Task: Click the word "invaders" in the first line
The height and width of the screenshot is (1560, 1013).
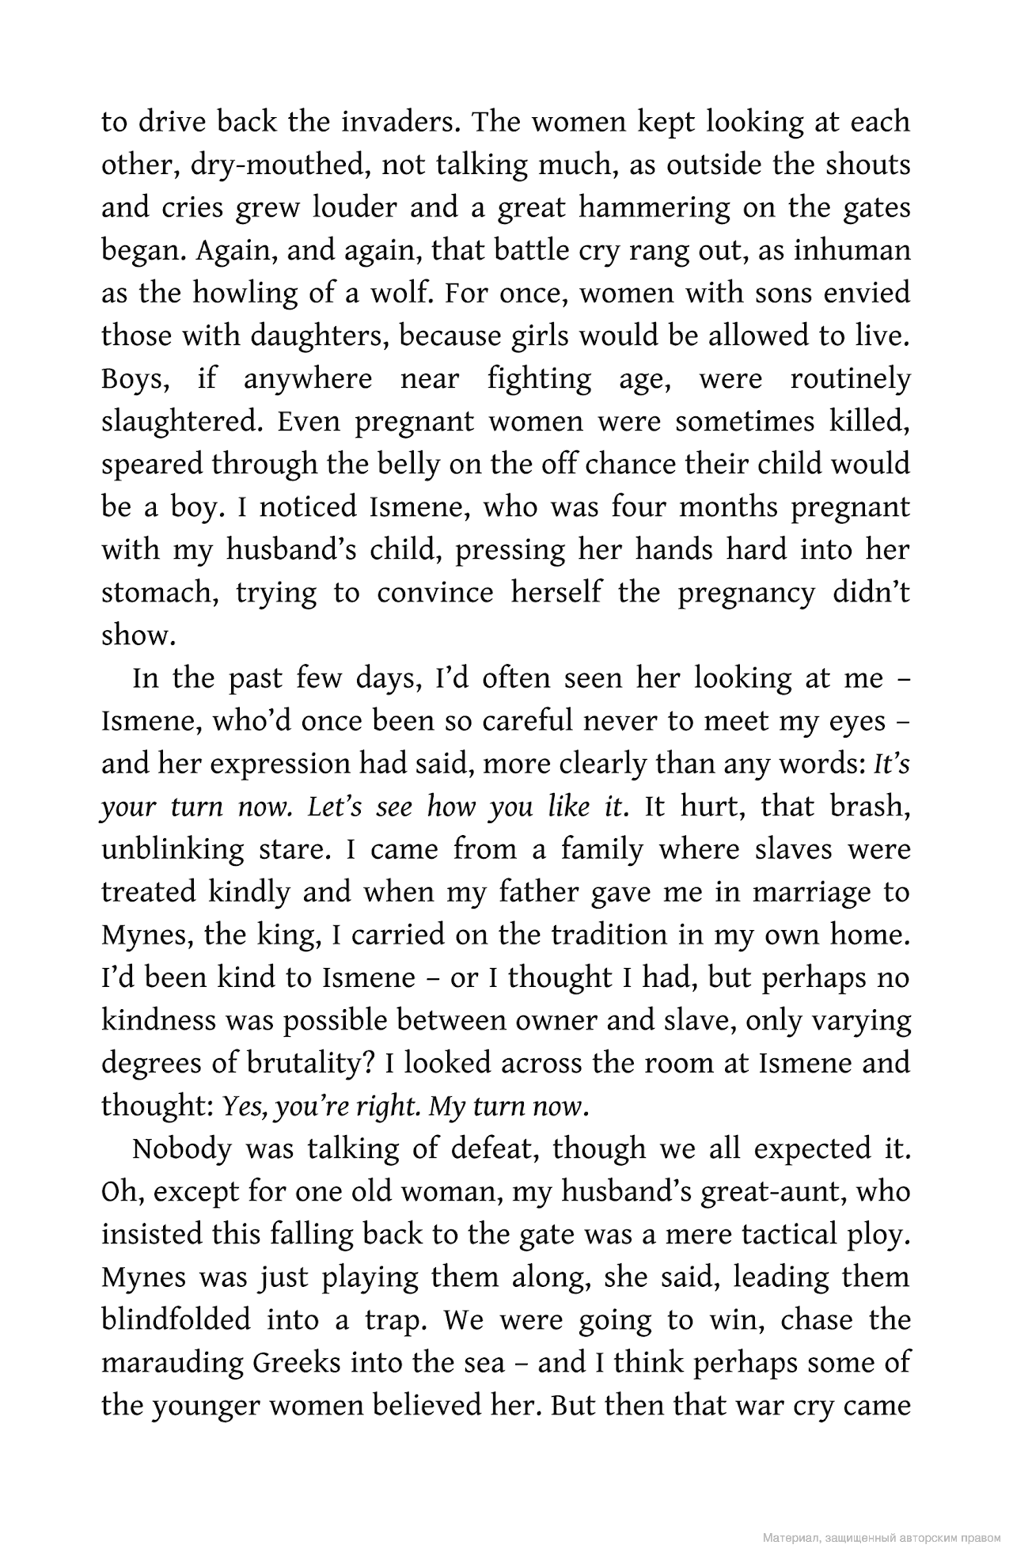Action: pyautogui.click(x=404, y=122)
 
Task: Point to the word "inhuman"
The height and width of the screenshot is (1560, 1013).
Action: pyautogui.click(x=852, y=250)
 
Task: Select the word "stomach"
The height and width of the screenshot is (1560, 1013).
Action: pyautogui.click(x=159, y=594)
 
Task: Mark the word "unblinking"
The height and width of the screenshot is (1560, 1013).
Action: pyautogui.click(x=173, y=849)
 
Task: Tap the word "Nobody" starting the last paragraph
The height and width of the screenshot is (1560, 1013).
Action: pyautogui.click(x=181, y=1148)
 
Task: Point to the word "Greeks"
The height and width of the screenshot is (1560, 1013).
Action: pyautogui.click(x=297, y=1363)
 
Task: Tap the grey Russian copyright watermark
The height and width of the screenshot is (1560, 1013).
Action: pyautogui.click(x=882, y=1538)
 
